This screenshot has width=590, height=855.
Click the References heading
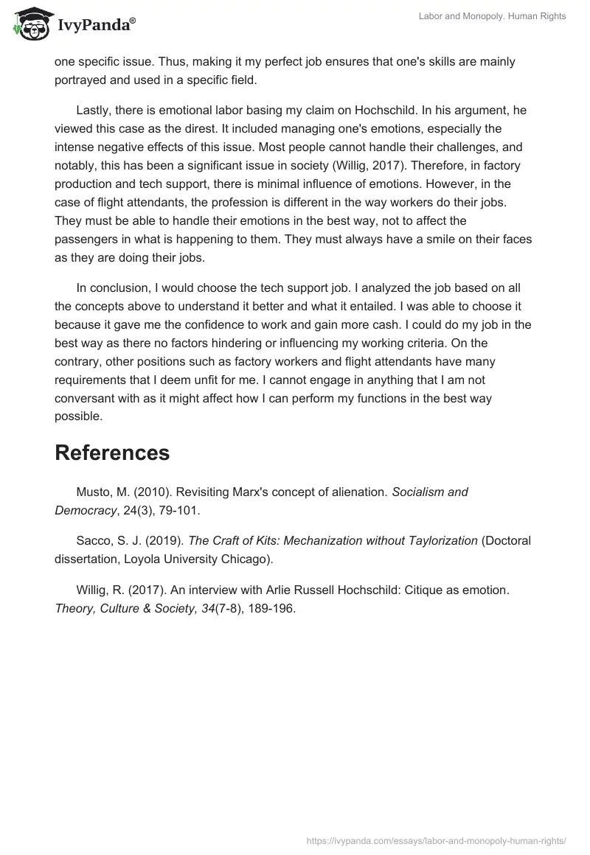tap(112, 453)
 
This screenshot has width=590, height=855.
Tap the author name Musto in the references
tap(94, 492)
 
